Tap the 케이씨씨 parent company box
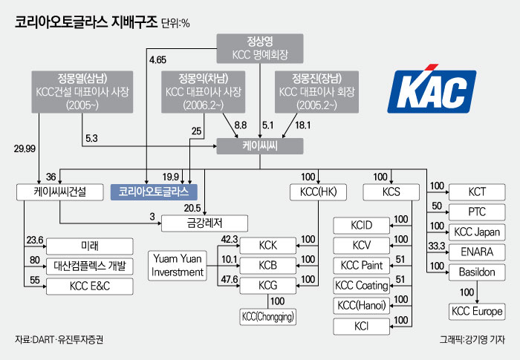pyautogui.click(x=260, y=147)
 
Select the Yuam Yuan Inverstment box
pyautogui.click(x=178, y=264)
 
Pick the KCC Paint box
pyautogui.click(x=361, y=265)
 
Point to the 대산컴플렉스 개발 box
pyautogui.click(x=91, y=265)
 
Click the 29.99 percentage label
pyautogui.click(x=25, y=148)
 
